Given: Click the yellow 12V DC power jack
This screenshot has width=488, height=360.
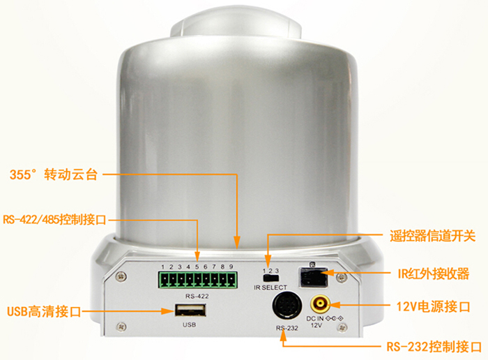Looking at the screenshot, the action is pyautogui.click(x=319, y=303).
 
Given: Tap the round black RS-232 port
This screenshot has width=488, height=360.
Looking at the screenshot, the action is pyautogui.click(x=287, y=306).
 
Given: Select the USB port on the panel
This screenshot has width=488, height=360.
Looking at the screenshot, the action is pyautogui.click(x=190, y=310).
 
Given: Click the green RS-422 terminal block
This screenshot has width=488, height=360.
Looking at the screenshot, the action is pyautogui.click(x=197, y=280).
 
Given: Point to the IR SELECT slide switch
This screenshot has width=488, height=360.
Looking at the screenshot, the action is pyautogui.click(x=270, y=278).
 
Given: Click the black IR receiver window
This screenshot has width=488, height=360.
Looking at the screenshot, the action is pyautogui.click(x=313, y=276).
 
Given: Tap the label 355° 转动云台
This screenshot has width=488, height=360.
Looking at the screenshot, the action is pyautogui.click(x=54, y=174).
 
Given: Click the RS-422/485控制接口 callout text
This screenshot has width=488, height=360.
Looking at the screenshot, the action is pyautogui.click(x=54, y=220).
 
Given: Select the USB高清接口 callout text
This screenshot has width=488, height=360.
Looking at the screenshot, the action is pyautogui.click(x=44, y=311).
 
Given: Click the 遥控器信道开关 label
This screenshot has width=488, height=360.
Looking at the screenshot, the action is pyautogui.click(x=433, y=236).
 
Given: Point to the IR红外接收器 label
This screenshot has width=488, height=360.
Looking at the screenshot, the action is pyautogui.click(x=434, y=274).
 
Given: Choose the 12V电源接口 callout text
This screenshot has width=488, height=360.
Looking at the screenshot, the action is pyautogui.click(x=433, y=307).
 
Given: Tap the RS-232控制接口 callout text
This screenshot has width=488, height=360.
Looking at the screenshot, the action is pyautogui.click(x=434, y=347).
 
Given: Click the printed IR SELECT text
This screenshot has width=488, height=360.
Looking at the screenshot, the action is pyautogui.click(x=270, y=287).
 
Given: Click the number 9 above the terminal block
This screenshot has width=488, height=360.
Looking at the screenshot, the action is pyautogui.click(x=231, y=267).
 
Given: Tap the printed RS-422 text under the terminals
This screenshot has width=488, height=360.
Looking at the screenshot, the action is pyautogui.click(x=197, y=296).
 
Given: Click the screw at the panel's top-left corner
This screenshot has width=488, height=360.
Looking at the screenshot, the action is pyautogui.click(x=121, y=276).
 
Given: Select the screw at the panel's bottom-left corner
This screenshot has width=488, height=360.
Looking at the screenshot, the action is pyautogui.click(x=121, y=327).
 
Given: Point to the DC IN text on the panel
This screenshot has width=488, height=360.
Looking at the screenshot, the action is pyautogui.click(x=315, y=319).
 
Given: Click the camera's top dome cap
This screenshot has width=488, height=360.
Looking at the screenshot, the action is pyautogui.click(x=236, y=25).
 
